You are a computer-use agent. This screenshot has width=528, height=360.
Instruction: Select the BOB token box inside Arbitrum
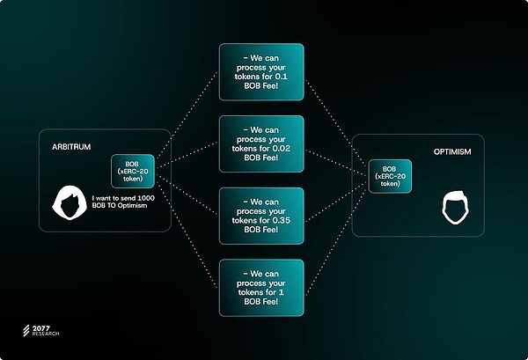(134, 171)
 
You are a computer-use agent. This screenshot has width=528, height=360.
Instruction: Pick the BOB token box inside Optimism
(391, 177)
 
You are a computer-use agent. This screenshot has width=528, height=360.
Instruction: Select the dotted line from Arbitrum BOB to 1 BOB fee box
(188, 231)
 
